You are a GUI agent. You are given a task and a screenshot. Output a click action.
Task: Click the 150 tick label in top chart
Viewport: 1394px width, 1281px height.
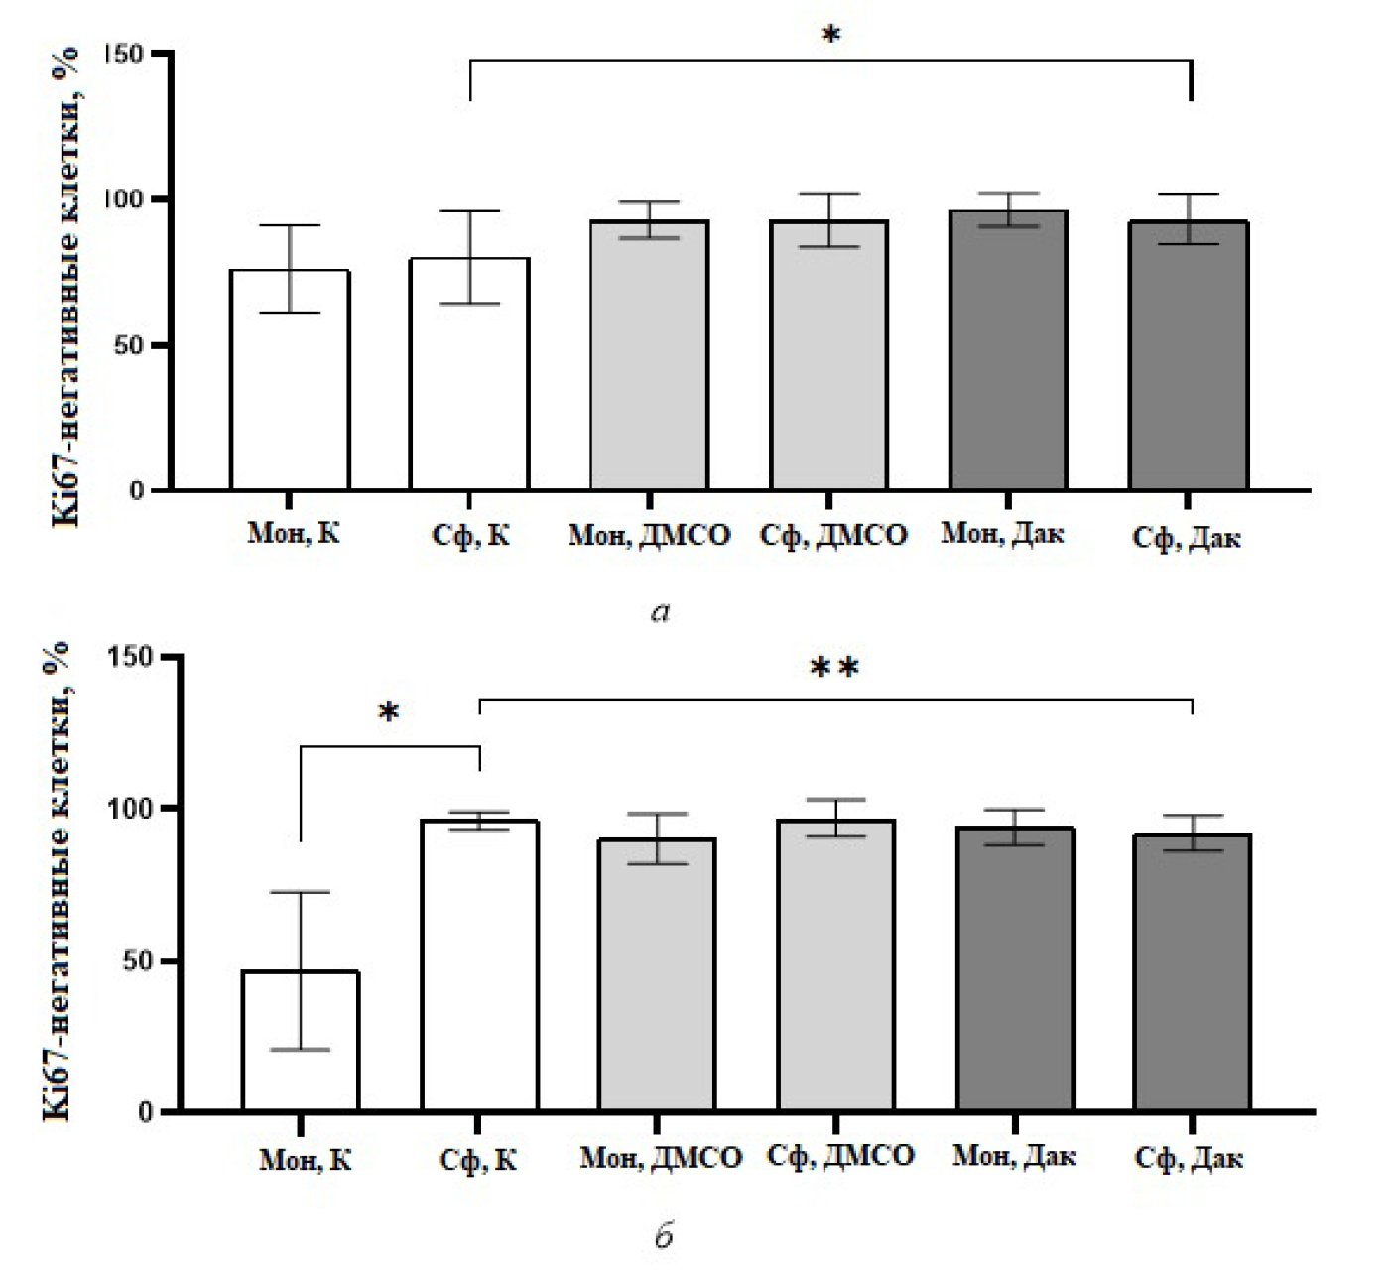coord(123,54)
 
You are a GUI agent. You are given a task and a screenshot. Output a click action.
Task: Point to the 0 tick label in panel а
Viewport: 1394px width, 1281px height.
coord(137,491)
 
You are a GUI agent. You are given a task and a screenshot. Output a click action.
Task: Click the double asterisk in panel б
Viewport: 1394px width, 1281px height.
coord(834,668)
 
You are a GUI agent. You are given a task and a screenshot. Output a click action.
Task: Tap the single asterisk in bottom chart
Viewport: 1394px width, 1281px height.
coord(389,713)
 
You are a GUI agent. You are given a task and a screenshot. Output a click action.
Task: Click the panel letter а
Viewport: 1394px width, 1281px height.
coord(661,613)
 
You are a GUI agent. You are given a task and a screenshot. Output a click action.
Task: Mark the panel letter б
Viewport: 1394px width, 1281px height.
coord(664,1236)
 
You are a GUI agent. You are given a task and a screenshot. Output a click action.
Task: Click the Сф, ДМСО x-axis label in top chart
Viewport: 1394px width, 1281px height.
coord(833,536)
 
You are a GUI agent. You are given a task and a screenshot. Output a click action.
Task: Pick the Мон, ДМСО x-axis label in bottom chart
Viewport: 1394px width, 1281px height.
coord(661,1158)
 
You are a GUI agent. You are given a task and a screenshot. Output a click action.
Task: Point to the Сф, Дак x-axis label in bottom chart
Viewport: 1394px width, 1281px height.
coord(1188,1158)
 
